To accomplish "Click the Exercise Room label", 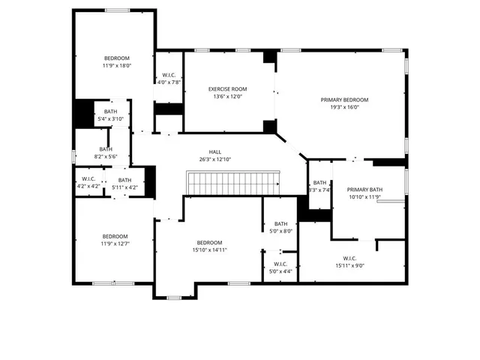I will point(227,89).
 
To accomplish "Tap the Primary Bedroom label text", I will point(344,100).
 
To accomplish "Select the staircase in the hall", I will point(232,182).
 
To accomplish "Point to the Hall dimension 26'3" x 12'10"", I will point(215,159).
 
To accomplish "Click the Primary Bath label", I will point(364,190).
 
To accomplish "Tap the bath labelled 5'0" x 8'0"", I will point(280,227).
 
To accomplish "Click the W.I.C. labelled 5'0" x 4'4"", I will point(280,267).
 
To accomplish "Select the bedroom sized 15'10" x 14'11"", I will point(209,246).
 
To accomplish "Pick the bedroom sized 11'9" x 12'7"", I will point(115,239).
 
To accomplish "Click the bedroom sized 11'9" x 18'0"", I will point(116,61).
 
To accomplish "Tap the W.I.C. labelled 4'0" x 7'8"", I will point(169,78).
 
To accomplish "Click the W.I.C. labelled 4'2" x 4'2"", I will point(88,182).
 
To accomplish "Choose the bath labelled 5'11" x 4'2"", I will point(124,182).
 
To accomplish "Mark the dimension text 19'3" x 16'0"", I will point(344,107).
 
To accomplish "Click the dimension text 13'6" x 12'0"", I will point(227,97).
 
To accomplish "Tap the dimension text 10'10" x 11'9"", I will point(364,197).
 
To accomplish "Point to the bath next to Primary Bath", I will point(319,186).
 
